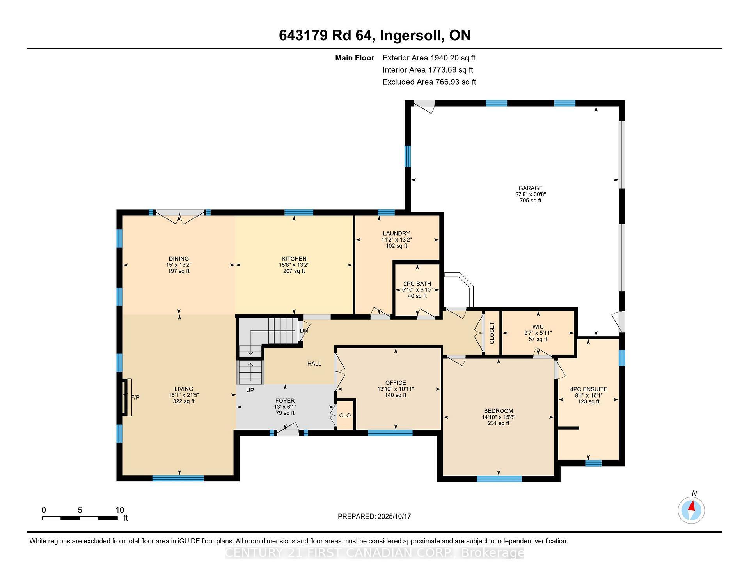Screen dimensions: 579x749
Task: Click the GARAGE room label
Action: pyautogui.click(x=530, y=188)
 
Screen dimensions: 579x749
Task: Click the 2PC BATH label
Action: pyautogui.click(x=417, y=284)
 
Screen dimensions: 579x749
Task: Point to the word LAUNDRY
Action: pyautogui.click(x=396, y=233)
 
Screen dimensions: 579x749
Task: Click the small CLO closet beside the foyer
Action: pyautogui.click(x=345, y=416)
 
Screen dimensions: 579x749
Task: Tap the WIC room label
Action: pyautogui.click(x=538, y=327)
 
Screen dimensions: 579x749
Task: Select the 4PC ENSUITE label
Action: pyautogui.click(x=588, y=389)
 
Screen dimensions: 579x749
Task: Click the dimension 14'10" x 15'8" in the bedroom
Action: pyautogui.click(x=499, y=417)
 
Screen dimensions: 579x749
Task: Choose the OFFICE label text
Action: pyautogui.click(x=396, y=383)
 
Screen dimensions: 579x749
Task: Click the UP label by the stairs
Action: pyautogui.click(x=250, y=390)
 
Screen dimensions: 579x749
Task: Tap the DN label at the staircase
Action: pyautogui.click(x=304, y=331)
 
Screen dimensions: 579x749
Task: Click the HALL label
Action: pyautogui.click(x=314, y=364)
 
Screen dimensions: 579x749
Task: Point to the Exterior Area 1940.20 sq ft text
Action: pyautogui.click(x=429, y=58)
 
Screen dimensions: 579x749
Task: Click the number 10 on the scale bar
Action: pyautogui.click(x=120, y=510)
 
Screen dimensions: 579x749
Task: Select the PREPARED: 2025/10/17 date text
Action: pyautogui.click(x=374, y=516)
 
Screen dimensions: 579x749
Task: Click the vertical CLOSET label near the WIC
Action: pyautogui.click(x=492, y=333)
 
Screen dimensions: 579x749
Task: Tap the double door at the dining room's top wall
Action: pyautogui.click(x=180, y=217)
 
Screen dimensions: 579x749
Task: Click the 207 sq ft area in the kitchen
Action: pyautogui.click(x=294, y=271)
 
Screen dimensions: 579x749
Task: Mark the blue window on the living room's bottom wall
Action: pyautogui.click(x=178, y=478)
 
